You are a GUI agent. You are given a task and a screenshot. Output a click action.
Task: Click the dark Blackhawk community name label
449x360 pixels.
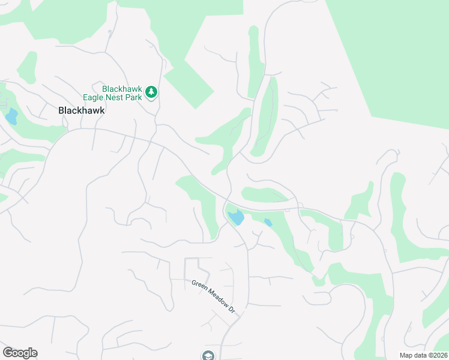point(82,110)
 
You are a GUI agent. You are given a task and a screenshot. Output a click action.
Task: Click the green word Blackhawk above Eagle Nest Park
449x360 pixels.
point(121,89)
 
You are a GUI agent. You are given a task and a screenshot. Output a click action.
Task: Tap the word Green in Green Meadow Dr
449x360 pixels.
point(199,286)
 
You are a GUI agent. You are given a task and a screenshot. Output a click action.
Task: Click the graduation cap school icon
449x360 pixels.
point(208,355)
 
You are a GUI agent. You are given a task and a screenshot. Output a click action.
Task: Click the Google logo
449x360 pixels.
point(20,353)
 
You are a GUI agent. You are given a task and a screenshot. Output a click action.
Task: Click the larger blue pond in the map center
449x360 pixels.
point(235,217)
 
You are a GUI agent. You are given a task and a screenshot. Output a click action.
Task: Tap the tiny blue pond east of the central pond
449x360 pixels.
point(268,223)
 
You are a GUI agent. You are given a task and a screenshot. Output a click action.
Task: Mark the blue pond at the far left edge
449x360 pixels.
point(11,115)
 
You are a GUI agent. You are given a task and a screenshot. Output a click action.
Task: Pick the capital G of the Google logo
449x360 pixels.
point(8,353)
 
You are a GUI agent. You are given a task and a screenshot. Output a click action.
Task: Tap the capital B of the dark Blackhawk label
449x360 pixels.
point(61,110)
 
